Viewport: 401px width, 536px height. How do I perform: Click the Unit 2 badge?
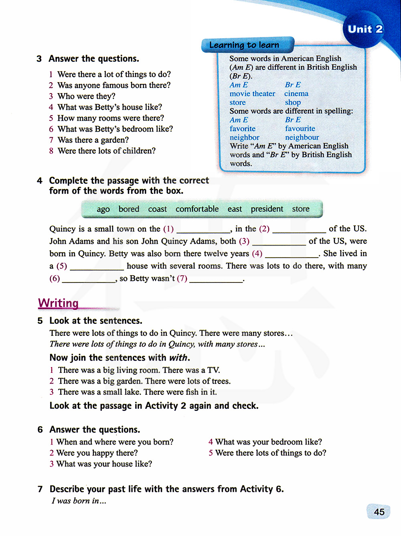pos(365,29)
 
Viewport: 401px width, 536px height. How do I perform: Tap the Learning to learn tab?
pos(244,45)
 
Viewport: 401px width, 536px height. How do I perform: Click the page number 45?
pos(379,512)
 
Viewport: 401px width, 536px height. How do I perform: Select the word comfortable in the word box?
pos(197,209)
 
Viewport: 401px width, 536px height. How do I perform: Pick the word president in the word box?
pos(267,209)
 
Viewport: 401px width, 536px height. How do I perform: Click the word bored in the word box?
pos(129,209)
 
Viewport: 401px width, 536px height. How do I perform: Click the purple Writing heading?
pos(58,303)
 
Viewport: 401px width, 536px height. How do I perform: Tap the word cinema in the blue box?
pos(296,93)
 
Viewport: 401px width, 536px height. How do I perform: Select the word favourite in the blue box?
pos(300,128)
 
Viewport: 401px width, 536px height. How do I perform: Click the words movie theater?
pos(252,93)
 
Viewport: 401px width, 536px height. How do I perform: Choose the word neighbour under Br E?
pos(302,137)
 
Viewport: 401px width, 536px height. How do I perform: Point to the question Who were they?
pos(86,96)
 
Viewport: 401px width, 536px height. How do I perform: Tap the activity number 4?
pos(40,181)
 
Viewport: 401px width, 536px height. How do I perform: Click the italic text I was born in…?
pos(79,501)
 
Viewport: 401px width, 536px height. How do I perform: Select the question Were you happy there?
pos(97,453)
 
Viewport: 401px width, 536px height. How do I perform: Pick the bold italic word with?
pos(178,357)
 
